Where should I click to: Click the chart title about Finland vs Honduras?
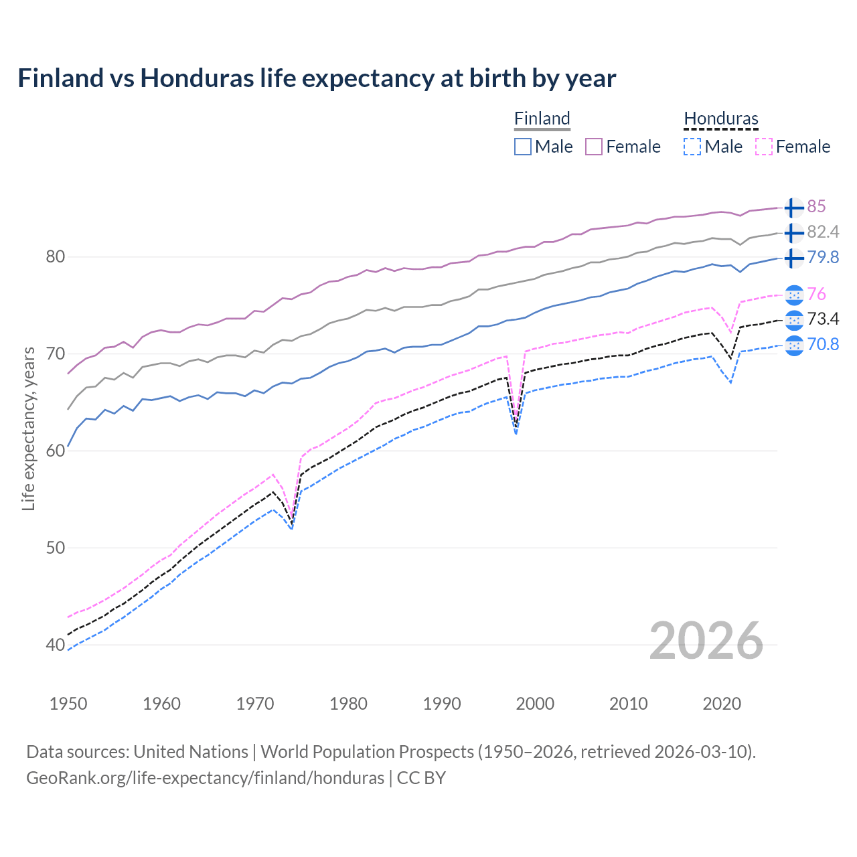(x=317, y=78)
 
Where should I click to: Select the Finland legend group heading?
(x=542, y=119)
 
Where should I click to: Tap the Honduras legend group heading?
(x=721, y=119)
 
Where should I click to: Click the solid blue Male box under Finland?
(x=523, y=147)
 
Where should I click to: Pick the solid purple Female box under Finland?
(x=594, y=147)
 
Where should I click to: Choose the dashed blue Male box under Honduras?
(x=692, y=147)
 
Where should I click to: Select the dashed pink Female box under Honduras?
(x=764, y=147)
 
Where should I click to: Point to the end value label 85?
(x=816, y=206)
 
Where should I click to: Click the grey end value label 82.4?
(x=823, y=232)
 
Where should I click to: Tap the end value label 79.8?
(x=823, y=257)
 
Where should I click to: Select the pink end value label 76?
(x=816, y=294)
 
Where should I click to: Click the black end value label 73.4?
(x=823, y=319)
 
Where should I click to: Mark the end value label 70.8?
(x=823, y=344)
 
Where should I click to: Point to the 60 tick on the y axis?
(x=56, y=451)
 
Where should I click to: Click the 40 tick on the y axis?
(x=56, y=645)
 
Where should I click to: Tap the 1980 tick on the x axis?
(x=348, y=704)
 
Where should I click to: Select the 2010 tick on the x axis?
(x=628, y=704)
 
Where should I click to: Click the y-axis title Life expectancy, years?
(x=28, y=428)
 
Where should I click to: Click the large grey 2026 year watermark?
(x=706, y=641)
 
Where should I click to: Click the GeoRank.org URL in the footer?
(x=205, y=778)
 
